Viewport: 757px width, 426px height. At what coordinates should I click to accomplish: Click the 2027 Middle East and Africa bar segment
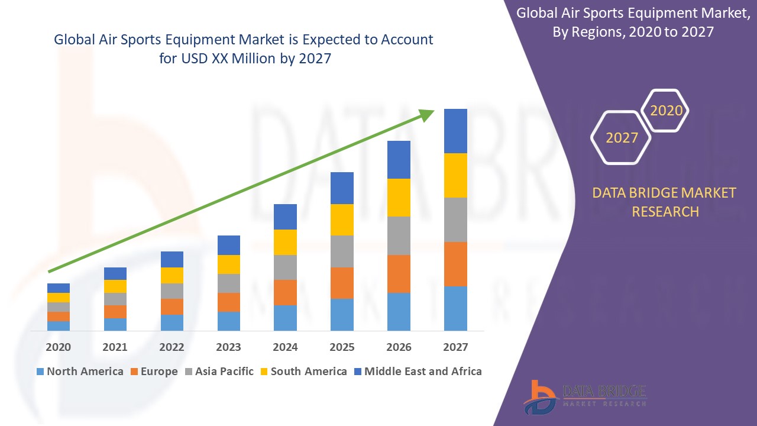pyautogui.click(x=455, y=131)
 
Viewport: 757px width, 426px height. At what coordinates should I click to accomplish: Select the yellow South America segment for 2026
pyautogui.click(x=399, y=197)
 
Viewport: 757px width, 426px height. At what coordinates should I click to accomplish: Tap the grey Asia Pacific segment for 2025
pyautogui.click(x=342, y=251)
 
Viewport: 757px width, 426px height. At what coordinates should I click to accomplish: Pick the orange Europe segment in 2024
pyautogui.click(x=285, y=292)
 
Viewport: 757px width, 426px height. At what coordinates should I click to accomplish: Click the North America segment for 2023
pyautogui.click(x=229, y=321)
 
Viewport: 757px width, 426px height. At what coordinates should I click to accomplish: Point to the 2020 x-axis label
pyautogui.click(x=59, y=347)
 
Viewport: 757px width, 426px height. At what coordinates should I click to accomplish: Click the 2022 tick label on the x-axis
pyautogui.click(x=172, y=347)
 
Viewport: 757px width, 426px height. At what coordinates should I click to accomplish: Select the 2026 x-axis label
pyautogui.click(x=399, y=347)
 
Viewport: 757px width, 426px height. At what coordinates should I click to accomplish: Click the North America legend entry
pyautogui.click(x=80, y=372)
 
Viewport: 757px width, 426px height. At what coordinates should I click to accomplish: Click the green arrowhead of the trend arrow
pyautogui.click(x=426, y=115)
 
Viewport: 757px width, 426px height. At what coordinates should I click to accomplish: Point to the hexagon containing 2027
pyautogui.click(x=621, y=138)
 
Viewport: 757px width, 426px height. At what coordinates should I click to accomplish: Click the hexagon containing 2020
pyautogui.click(x=666, y=111)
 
